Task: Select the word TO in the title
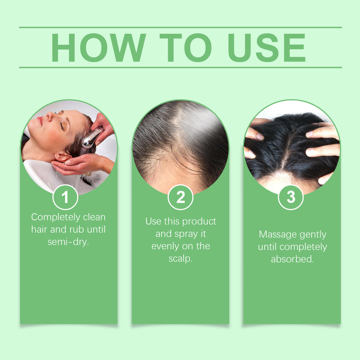tap(186, 47)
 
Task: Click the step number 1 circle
tap(65, 197)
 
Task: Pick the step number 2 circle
tap(180, 197)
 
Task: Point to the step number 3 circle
tap(291, 197)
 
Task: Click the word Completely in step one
tap(56, 217)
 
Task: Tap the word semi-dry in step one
tap(68, 242)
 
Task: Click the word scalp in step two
tap(180, 259)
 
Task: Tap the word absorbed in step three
tap(292, 259)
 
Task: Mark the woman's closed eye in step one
tap(62, 126)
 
